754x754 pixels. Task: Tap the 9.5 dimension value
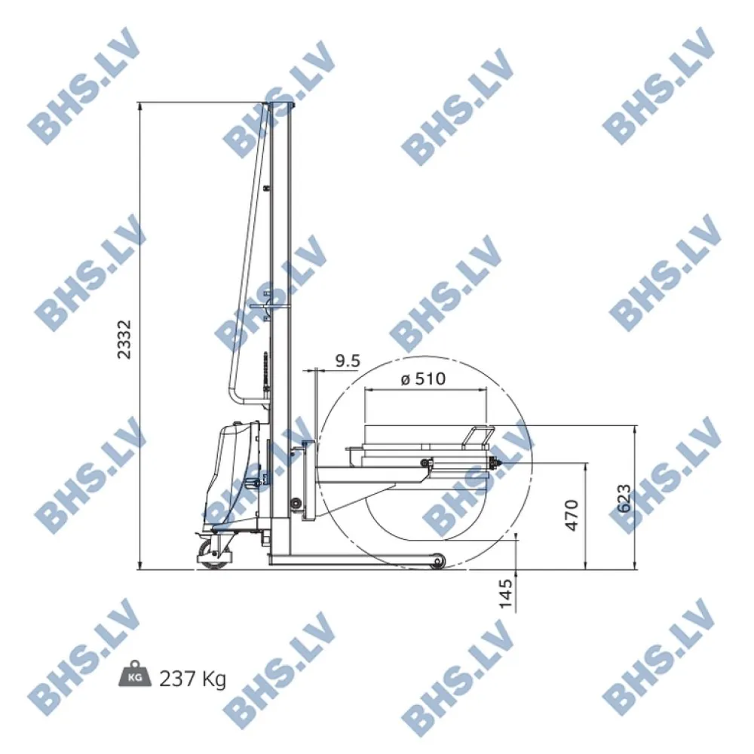point(347,361)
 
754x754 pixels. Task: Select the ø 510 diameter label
point(423,379)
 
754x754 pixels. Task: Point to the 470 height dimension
point(572,515)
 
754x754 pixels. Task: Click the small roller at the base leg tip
point(437,562)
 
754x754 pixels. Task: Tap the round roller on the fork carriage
point(296,503)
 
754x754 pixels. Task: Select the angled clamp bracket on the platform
point(477,437)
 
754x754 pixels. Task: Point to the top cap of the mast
point(279,103)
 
